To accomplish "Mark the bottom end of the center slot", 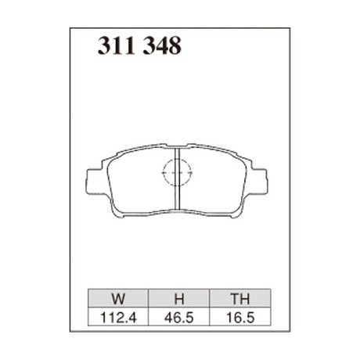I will pyautogui.click(x=178, y=209).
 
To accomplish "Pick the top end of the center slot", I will pyautogui.click(x=178, y=149).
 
